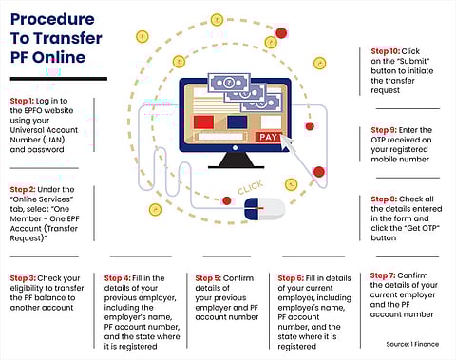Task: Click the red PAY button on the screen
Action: click(268, 137)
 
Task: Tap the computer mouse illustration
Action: click(264, 209)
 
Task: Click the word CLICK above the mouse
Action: click(250, 187)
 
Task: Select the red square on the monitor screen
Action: click(203, 123)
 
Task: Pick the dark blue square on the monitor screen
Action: click(237, 123)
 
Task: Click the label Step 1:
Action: click(22, 101)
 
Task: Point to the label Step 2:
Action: click(23, 189)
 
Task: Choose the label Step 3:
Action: click(23, 278)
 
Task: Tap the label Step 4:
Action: click(117, 278)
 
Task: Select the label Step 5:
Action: click(208, 278)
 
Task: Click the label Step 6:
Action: click(291, 278)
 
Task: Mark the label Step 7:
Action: click(383, 275)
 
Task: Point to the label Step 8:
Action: click(384, 199)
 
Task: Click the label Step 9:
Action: click(384, 130)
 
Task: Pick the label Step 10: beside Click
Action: click(386, 51)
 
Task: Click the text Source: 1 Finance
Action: click(412, 344)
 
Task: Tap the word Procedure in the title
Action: click(52, 19)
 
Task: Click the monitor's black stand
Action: click(237, 161)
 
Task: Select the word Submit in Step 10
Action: click(413, 61)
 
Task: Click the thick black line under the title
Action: click(59, 79)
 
